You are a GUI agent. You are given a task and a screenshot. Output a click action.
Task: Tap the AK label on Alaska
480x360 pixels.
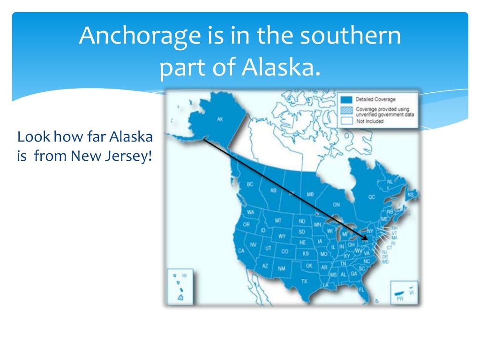coord(220,120)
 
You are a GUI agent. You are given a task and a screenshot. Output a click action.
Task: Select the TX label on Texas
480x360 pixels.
coord(304,281)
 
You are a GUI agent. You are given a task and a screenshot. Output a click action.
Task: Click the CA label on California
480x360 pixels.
coord(241,251)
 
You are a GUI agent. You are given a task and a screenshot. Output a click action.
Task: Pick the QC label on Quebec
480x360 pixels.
coord(372,197)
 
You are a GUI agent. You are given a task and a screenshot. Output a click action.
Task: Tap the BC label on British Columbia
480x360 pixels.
coord(249,184)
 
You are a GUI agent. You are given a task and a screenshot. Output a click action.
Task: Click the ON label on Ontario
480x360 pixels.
coord(336,205)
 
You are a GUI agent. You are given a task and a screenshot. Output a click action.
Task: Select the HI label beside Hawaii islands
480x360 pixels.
coord(184,277)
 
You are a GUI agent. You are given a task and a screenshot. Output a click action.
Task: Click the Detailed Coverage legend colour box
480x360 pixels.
coord(346,99)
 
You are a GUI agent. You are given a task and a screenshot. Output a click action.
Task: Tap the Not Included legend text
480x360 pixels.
coord(369,121)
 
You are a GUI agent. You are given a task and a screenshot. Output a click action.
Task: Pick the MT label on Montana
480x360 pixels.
coord(278,220)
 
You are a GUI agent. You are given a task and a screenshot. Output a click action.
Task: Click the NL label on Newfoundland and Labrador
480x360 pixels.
coord(390,181)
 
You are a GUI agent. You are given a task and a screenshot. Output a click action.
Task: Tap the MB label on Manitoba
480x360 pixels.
coord(310,194)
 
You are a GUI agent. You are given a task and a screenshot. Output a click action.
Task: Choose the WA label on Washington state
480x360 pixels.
coord(251,212)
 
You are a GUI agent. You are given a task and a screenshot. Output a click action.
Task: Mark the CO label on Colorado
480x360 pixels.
coord(285,251)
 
